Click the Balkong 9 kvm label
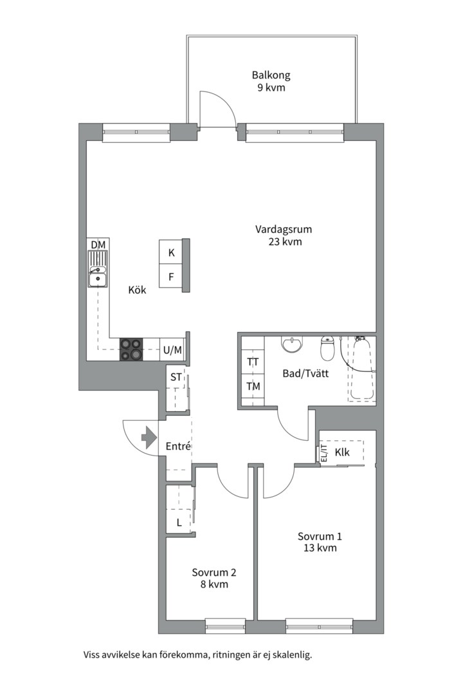[271, 81]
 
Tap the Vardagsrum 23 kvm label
[284, 236]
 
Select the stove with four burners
[131, 349]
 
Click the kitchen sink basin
[97, 279]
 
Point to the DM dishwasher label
[98, 245]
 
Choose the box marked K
[171, 253]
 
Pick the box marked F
[171, 277]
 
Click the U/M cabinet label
[172, 350]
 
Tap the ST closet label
[176, 377]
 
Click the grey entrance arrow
[149, 438]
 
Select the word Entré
[178, 447]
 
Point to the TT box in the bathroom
[253, 362]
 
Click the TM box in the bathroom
[253, 386]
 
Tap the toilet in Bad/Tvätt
[327, 348]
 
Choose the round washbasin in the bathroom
[292, 344]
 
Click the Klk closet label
[342, 452]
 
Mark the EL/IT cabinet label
[324, 453]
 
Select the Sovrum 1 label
[320, 536]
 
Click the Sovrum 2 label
[214, 572]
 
